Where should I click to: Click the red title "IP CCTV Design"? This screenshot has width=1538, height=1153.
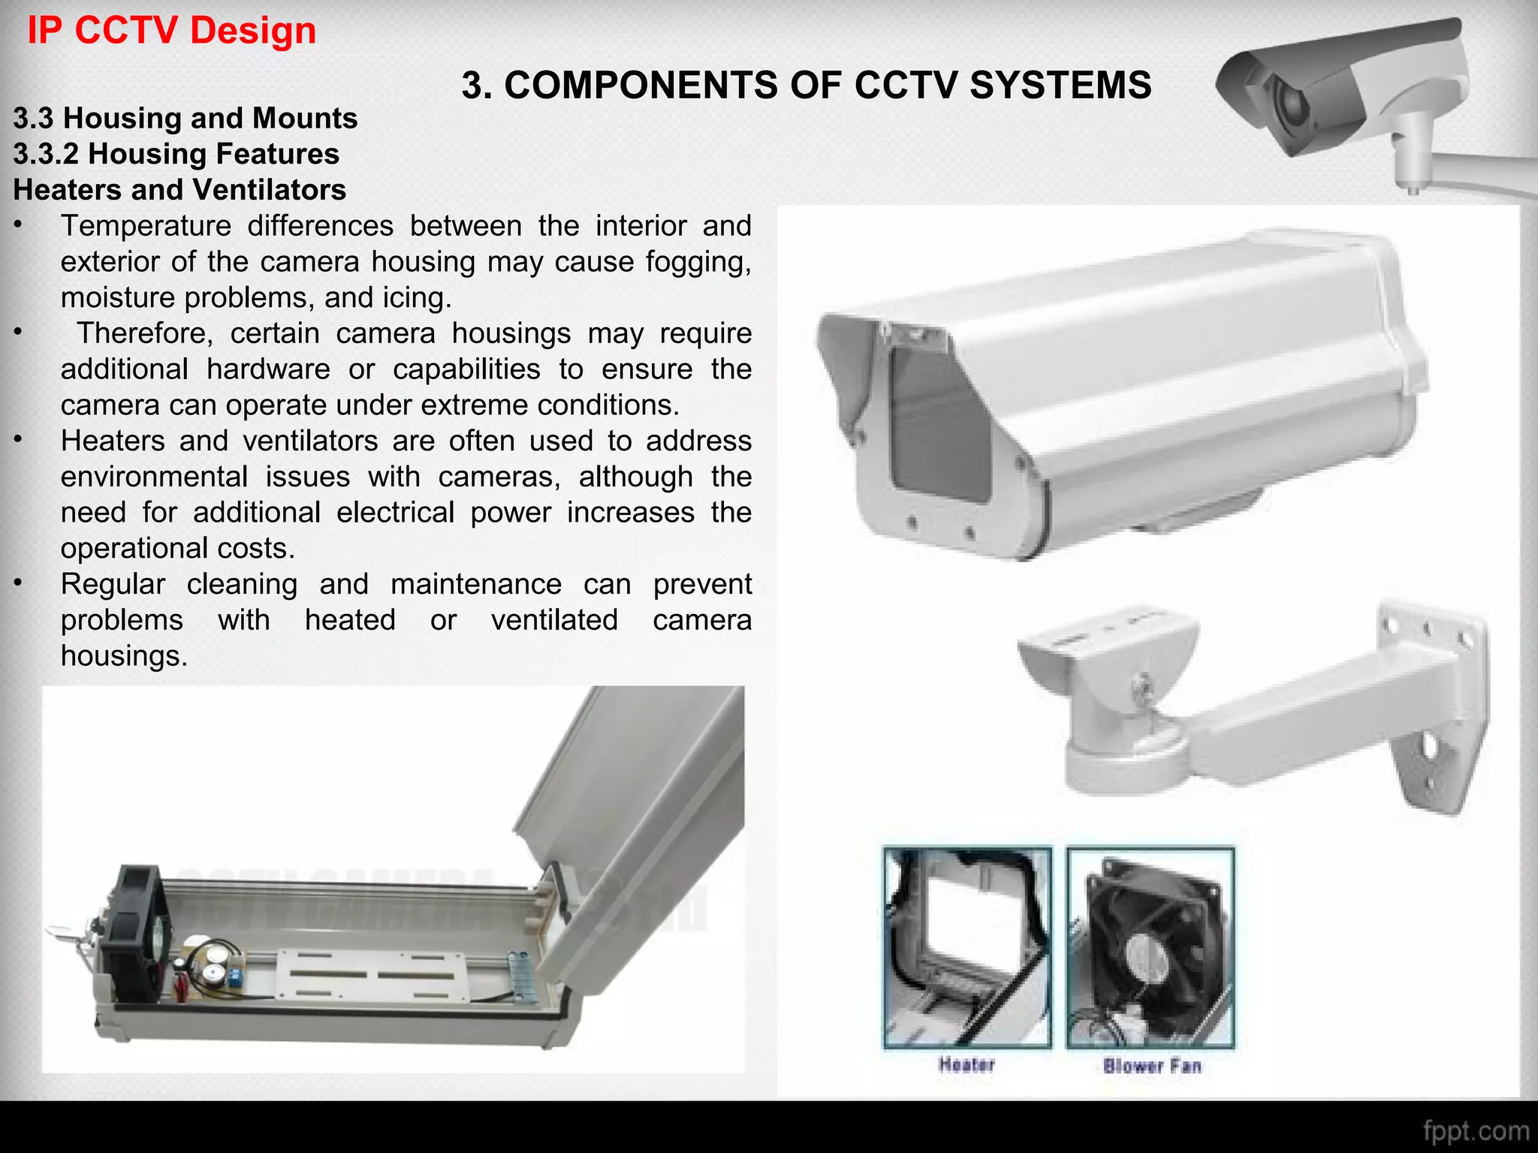[x=171, y=32]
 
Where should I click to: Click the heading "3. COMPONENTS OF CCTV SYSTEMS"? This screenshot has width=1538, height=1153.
[x=806, y=85]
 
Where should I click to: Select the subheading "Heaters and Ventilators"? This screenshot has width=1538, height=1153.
[x=179, y=190]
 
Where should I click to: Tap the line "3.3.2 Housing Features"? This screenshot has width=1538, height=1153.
[x=176, y=154]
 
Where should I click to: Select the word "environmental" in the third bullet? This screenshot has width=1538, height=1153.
[x=154, y=477]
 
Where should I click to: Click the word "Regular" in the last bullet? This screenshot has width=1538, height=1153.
[x=113, y=584]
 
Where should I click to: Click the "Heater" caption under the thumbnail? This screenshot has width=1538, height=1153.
[x=967, y=1064]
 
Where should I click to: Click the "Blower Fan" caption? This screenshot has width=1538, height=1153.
[x=1152, y=1066]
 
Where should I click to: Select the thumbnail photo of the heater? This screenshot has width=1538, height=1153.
[x=967, y=947]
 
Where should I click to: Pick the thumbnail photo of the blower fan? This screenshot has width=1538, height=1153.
[x=1150, y=947]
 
